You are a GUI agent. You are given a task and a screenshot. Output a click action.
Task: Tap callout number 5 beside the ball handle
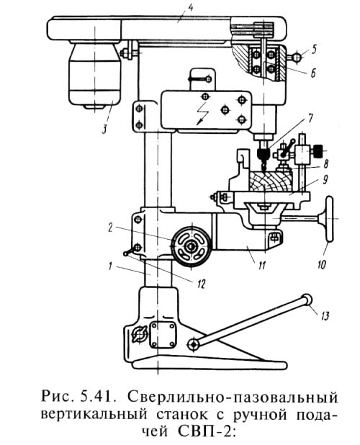coord(313,50)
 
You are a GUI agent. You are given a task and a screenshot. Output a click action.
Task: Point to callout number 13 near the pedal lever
coord(325,315)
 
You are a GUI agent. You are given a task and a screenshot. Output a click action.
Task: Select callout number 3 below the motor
coord(104,129)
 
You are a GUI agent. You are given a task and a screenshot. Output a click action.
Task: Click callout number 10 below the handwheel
coord(322,266)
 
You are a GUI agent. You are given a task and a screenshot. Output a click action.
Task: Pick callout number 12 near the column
coord(201,284)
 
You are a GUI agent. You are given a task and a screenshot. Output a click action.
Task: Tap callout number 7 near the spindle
coord(310,118)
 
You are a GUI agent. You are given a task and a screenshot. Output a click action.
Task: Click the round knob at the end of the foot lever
coord(307,300)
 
